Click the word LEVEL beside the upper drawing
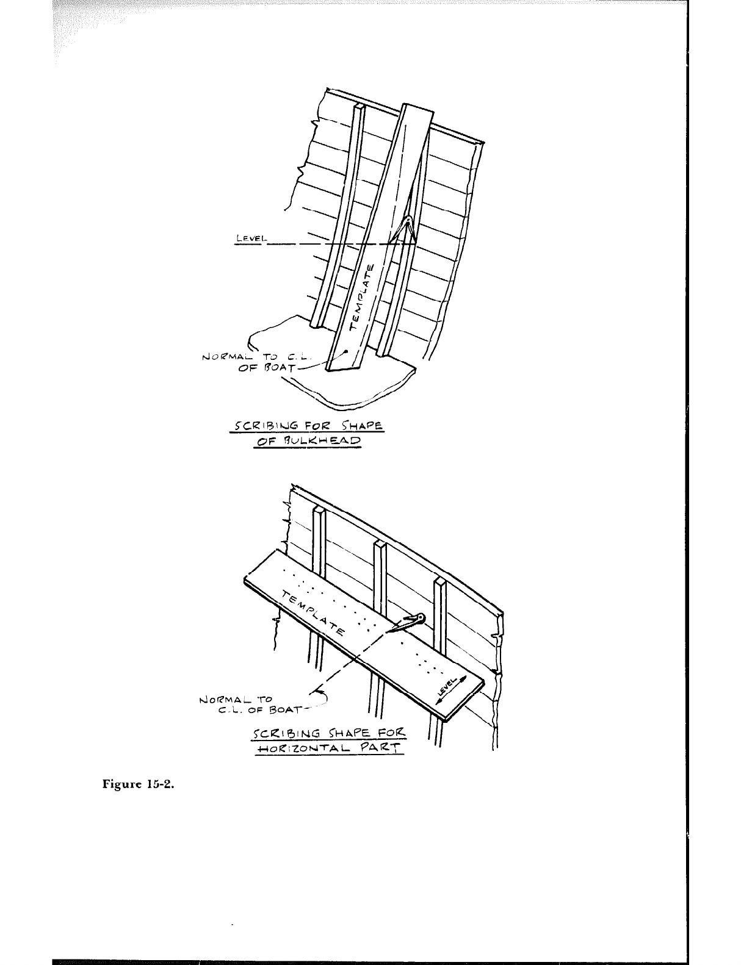[247, 239]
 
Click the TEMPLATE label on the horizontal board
[313, 612]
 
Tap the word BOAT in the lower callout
[284, 709]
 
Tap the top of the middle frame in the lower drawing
[380, 545]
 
